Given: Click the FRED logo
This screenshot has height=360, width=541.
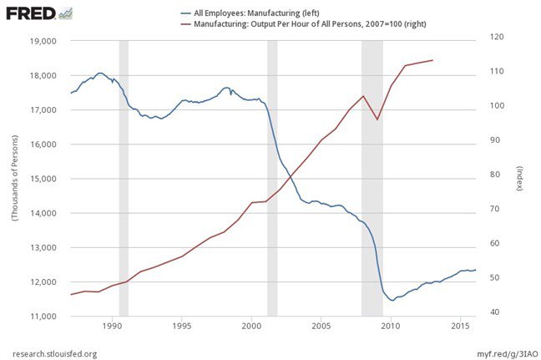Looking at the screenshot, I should click(x=38, y=14).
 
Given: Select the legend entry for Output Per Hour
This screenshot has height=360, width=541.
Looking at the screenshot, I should click(x=309, y=26).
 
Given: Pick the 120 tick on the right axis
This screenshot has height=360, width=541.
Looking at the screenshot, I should click(x=498, y=38).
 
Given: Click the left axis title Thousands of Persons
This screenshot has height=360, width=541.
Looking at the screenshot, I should click(x=14, y=178).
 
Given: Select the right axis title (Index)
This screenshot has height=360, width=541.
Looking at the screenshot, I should click(x=519, y=178).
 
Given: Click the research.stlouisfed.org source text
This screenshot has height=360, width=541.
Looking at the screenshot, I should click(x=55, y=353).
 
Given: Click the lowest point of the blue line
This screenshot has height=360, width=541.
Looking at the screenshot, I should click(x=392, y=300).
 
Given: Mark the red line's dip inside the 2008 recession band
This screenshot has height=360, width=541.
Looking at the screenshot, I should click(x=377, y=119).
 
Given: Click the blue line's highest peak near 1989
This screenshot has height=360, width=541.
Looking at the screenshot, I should click(x=100, y=74).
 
